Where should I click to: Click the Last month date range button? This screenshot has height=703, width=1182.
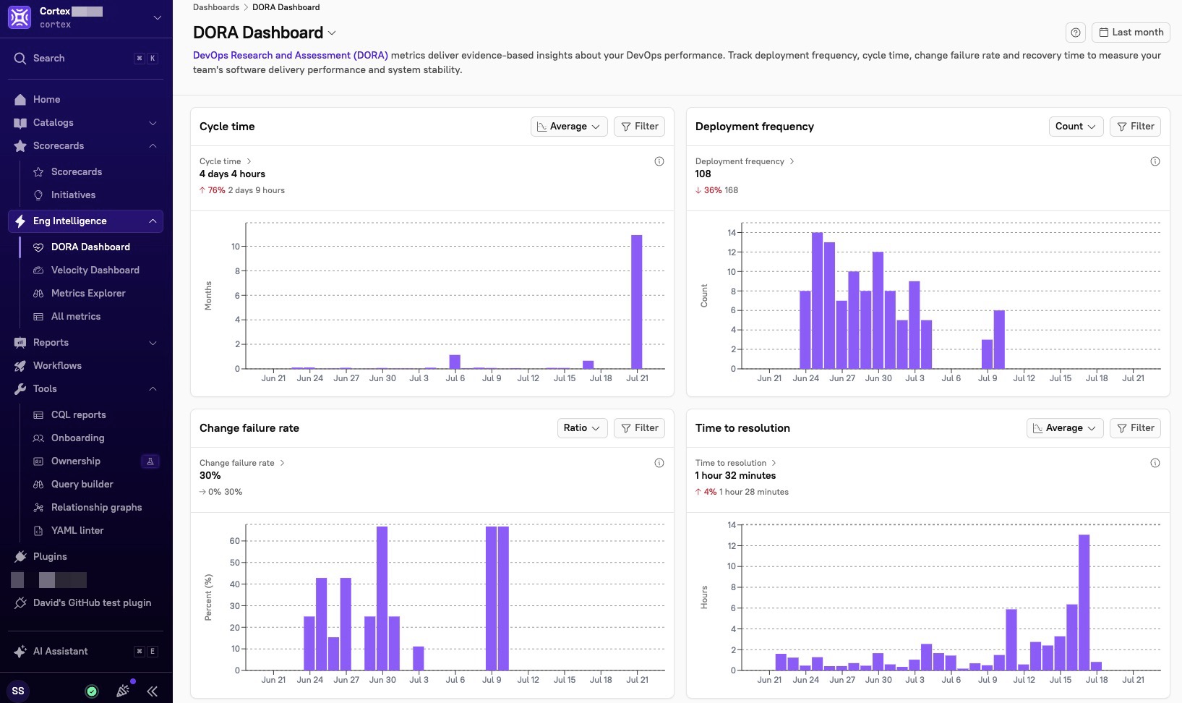coord(1131,33)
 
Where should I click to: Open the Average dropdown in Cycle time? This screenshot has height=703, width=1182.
coord(569,127)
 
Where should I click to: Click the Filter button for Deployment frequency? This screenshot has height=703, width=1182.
coord(1136,127)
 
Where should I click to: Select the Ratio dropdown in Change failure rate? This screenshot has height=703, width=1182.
coord(581,428)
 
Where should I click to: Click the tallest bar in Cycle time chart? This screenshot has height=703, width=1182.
coord(636,302)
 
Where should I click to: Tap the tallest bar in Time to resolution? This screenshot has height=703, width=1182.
coord(1084,602)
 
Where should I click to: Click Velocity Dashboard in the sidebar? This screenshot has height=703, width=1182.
coord(95,270)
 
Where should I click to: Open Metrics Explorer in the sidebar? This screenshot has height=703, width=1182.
coord(88,293)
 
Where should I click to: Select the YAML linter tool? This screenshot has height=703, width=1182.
coord(77,530)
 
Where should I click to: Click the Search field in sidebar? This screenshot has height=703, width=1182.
coord(80,59)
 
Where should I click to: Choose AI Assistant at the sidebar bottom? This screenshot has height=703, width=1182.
coord(61,651)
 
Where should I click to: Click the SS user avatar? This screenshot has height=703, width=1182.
coord(18,691)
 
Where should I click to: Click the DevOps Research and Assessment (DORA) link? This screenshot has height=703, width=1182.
coord(290,55)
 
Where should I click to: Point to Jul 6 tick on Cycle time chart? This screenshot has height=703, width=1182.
coord(455,378)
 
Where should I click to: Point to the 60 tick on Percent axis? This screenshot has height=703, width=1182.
coord(234,541)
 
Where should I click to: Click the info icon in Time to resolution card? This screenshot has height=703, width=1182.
coord(1155,463)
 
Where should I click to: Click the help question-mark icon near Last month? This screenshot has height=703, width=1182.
coord(1075,33)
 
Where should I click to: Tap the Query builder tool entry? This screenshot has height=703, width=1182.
coord(82,484)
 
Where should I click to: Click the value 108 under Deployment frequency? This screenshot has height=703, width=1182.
coord(703,174)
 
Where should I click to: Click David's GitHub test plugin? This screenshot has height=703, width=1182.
coord(92,602)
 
